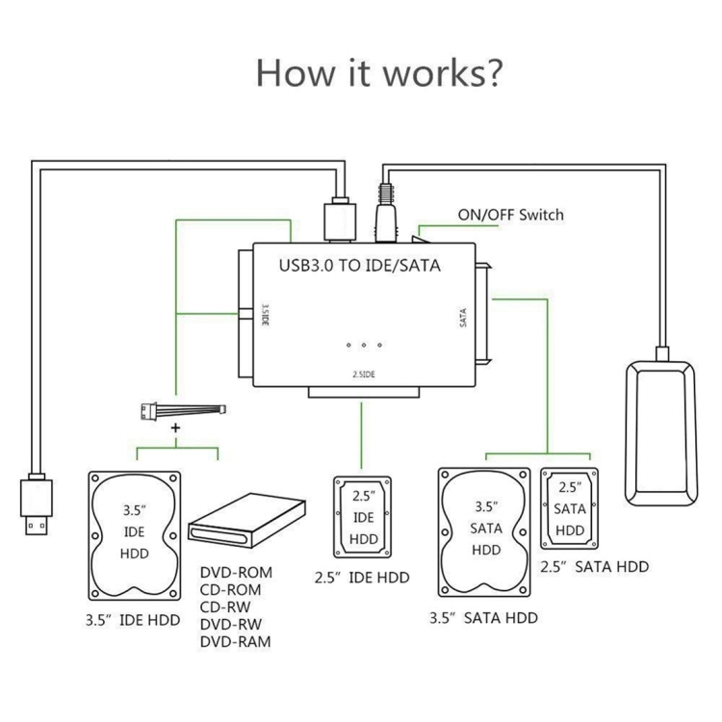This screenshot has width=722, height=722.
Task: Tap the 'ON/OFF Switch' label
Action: click(x=510, y=215)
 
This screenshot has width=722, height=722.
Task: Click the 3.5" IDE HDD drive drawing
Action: click(x=135, y=533)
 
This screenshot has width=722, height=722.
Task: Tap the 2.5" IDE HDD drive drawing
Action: click(x=364, y=515)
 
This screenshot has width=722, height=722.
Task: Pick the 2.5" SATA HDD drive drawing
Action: click(x=571, y=509)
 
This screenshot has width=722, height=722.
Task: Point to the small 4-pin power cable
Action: click(x=182, y=411)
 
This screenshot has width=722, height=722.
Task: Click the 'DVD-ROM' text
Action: click(x=236, y=572)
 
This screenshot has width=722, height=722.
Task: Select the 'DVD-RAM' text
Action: click(x=236, y=641)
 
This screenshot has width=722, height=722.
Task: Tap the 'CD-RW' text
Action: click(x=227, y=606)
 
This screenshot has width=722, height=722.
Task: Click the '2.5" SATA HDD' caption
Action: click(x=594, y=567)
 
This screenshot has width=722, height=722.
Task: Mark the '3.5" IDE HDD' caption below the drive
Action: click(x=132, y=620)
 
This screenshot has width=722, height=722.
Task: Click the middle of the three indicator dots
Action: click(x=364, y=346)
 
